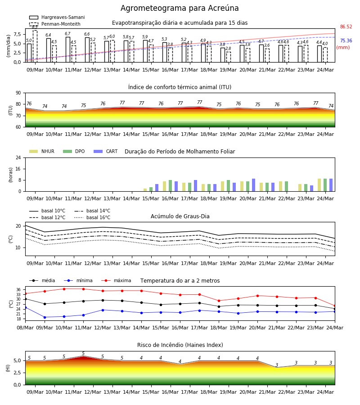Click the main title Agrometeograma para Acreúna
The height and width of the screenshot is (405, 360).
[x=180, y=8]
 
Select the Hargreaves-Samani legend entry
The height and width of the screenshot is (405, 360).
[x=57, y=17]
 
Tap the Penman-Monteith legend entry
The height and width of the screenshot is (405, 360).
[x=55, y=24]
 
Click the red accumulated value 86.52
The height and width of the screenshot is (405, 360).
[x=346, y=27]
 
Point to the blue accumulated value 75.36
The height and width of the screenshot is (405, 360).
[x=346, y=41]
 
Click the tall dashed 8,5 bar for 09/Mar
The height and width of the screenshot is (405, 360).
[x=35, y=46]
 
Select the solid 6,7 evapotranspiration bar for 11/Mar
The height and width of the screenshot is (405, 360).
[x=68, y=49]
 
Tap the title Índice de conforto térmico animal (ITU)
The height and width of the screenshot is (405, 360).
[x=180, y=87]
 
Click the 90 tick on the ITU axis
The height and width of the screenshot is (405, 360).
[x=18, y=93]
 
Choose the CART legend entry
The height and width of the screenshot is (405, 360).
[x=106, y=151]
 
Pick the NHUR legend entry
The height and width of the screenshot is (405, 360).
[x=42, y=151]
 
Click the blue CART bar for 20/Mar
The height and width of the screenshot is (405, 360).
[x=254, y=185]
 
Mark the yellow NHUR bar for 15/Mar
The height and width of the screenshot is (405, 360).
[x=145, y=190]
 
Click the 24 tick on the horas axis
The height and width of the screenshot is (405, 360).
[x=18, y=157]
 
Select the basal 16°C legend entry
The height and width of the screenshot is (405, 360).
[x=92, y=217]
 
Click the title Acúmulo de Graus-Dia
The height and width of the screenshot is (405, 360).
[x=180, y=216]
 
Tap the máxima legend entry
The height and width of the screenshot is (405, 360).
[x=116, y=280]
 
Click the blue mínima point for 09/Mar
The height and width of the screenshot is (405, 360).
[x=45, y=317]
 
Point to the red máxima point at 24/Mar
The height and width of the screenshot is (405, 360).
[x=335, y=306]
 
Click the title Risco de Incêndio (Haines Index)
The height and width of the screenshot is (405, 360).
[x=180, y=345]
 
